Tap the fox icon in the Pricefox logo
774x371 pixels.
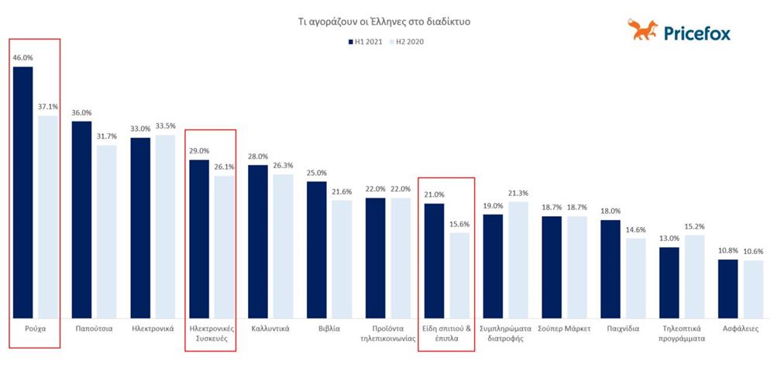pyautogui.click(x=642, y=31)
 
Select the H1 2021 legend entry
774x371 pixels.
pyautogui.click(x=365, y=42)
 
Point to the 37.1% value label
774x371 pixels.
pyautogui.click(x=48, y=107)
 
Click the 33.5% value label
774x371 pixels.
pyautogui.click(x=166, y=126)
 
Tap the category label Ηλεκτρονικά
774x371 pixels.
pyautogui.click(x=153, y=328)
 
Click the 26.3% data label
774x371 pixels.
pyautogui.click(x=284, y=165)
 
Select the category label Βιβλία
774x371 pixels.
pyautogui.click(x=329, y=328)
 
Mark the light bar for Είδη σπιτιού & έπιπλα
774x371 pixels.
pyautogui.click(x=459, y=274)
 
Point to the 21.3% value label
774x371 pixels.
pyautogui.click(x=518, y=193)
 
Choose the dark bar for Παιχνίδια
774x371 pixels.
pyautogui.click(x=611, y=268)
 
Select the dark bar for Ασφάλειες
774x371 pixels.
pyautogui.click(x=728, y=287)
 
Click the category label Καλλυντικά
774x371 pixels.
pyautogui.click(x=270, y=328)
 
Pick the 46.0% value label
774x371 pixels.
pyautogui.click(x=23, y=57)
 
